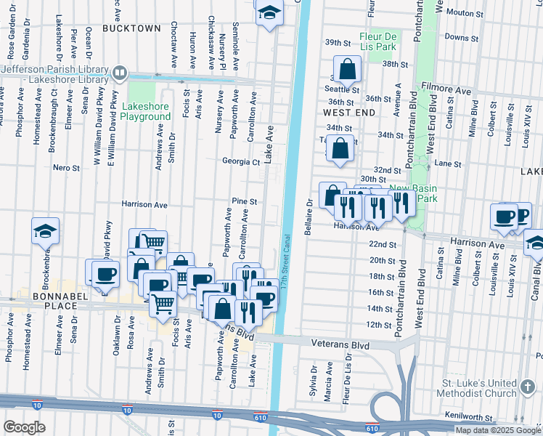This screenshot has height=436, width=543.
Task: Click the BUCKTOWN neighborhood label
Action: tap(131, 28)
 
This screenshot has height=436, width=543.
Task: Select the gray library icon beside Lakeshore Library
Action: tap(120, 73)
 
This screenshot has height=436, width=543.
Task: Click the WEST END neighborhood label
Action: tap(349, 113)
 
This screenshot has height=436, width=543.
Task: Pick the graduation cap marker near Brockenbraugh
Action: tap(45, 232)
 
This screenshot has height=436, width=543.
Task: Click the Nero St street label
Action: tap(66, 168)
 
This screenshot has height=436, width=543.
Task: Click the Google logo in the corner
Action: tap(24, 427)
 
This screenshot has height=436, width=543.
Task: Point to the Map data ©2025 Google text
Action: tap(497, 430)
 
